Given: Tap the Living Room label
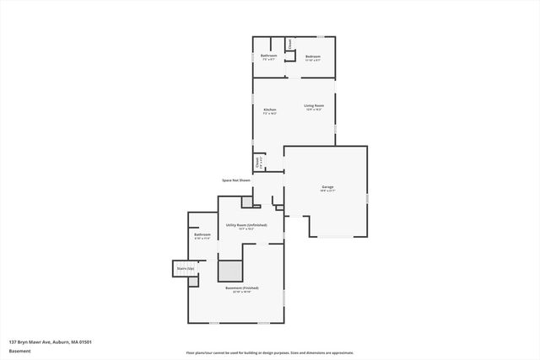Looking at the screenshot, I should pyautogui.click(x=314, y=105).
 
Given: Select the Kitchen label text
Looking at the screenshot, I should pyautogui.click(x=270, y=110).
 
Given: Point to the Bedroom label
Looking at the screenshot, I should pyautogui.click(x=313, y=56).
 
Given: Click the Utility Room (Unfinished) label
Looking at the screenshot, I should pyautogui.click(x=246, y=225).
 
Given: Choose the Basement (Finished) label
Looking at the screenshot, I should pyautogui.click(x=242, y=288).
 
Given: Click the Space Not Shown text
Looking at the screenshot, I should pyautogui.click(x=236, y=180).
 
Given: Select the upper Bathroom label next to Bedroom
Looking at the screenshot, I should pyautogui.click(x=269, y=56).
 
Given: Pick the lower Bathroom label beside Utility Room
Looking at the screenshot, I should pyautogui.click(x=202, y=234).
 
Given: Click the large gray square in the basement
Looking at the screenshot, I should pyautogui.click(x=229, y=271).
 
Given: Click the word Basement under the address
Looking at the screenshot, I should pyautogui.click(x=20, y=351).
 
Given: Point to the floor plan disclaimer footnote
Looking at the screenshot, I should pyautogui.click(x=270, y=353).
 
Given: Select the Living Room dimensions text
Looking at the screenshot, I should pyautogui.click(x=314, y=110).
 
